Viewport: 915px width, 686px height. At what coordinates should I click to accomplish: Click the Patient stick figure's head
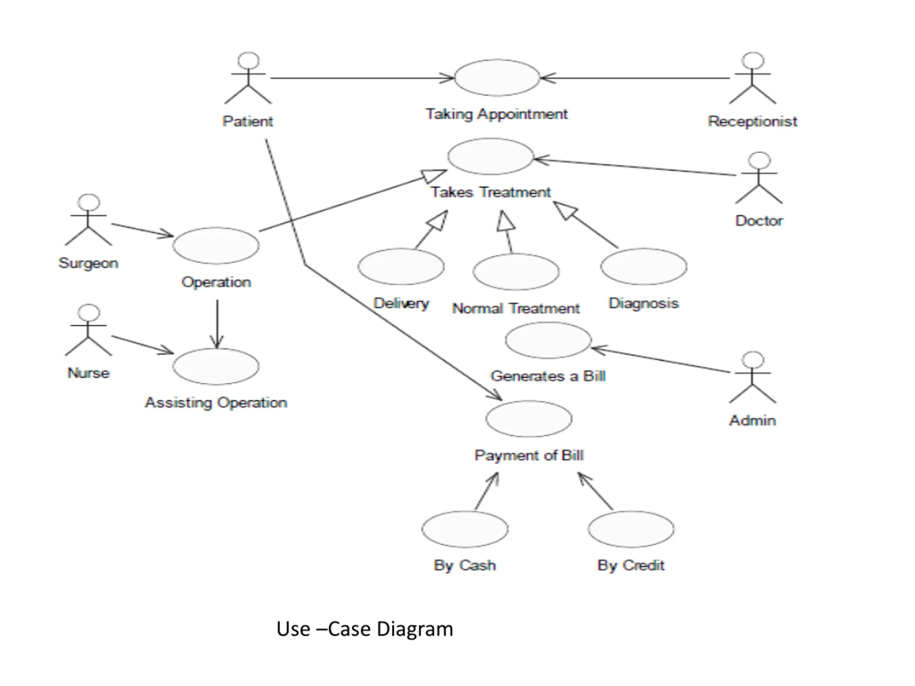coord(248,60)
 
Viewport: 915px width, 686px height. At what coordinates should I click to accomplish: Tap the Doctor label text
coord(759,221)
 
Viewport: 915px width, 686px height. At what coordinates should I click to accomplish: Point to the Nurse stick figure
coord(88,330)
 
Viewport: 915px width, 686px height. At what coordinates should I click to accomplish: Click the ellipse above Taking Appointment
coord(497,78)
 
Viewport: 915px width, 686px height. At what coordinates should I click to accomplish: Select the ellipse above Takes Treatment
coord(491,156)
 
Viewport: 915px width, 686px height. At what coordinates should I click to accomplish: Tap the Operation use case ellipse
coord(216,245)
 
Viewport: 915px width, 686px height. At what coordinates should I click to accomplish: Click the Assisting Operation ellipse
coord(216,366)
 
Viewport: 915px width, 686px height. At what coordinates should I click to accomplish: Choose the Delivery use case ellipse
coord(401,266)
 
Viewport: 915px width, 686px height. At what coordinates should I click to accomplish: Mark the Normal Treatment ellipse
coord(516,272)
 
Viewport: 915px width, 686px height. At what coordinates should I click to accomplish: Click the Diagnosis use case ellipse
coord(644,266)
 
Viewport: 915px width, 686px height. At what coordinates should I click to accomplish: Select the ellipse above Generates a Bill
coord(548,340)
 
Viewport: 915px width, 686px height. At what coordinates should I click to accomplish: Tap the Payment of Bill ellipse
coord(529,418)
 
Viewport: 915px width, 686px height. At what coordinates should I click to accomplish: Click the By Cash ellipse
coord(465,529)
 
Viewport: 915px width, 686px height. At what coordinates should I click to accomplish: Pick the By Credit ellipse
coord(631,529)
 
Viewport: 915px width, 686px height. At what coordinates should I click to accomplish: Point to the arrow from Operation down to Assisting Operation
coord(217,324)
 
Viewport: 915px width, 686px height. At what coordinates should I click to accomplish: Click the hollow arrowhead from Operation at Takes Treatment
coord(434,175)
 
